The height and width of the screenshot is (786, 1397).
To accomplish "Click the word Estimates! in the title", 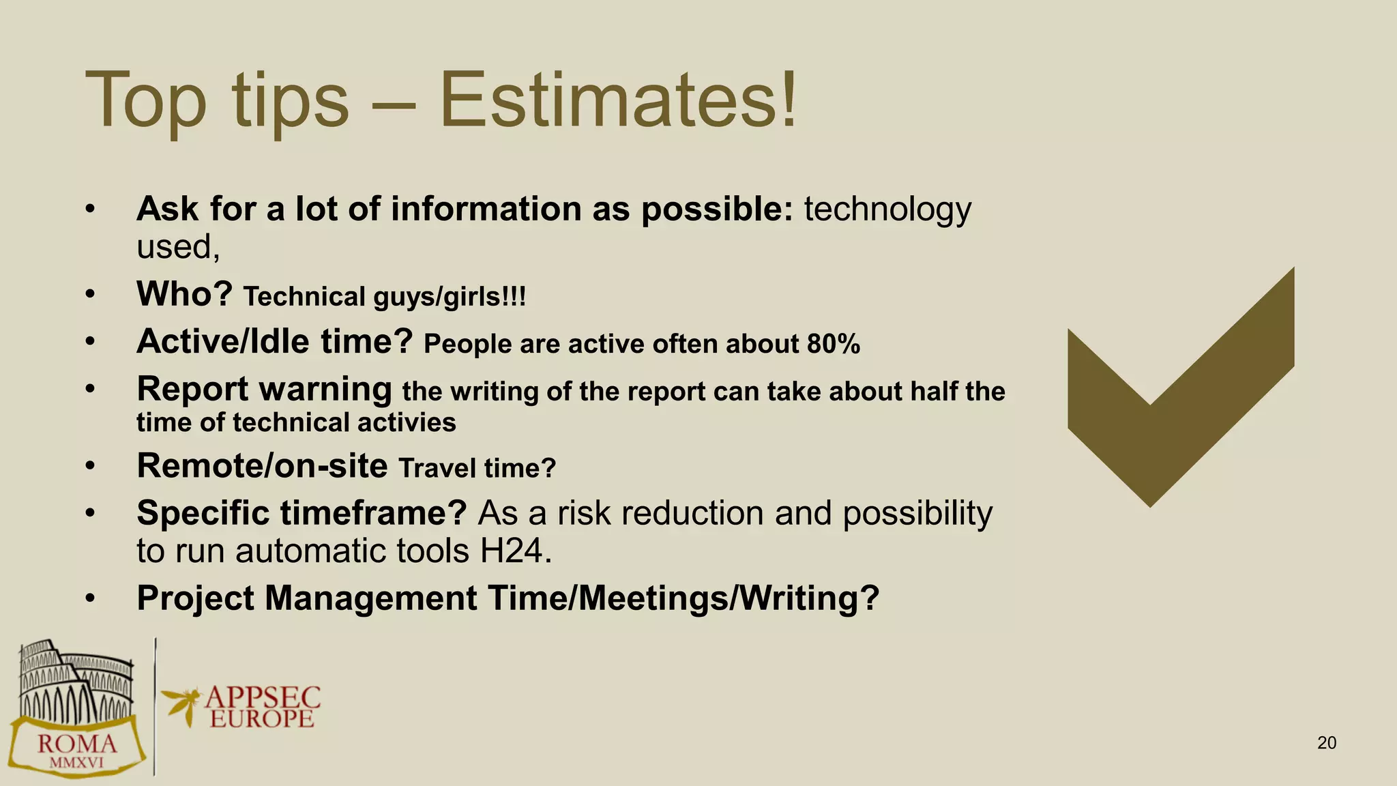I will tap(618, 101).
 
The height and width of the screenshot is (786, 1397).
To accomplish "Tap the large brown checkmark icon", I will tap(1180, 396).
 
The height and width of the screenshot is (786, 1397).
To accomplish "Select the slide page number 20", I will tap(1327, 743).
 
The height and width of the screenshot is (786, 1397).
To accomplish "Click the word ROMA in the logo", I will tap(76, 743).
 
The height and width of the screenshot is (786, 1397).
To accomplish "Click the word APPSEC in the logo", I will tap(263, 697).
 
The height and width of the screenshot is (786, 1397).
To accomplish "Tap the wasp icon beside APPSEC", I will tap(181, 705).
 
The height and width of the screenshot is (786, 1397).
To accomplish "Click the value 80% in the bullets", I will tap(833, 344).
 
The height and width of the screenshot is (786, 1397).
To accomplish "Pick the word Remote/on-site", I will tap(262, 466).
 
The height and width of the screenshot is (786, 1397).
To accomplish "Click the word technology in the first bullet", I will tap(887, 209).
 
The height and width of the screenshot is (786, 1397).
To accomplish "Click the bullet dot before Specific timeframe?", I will tap(90, 513).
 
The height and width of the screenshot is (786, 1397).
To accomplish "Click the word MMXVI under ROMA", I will tap(76, 763).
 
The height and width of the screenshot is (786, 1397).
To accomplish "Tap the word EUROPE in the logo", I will tap(262, 719).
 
